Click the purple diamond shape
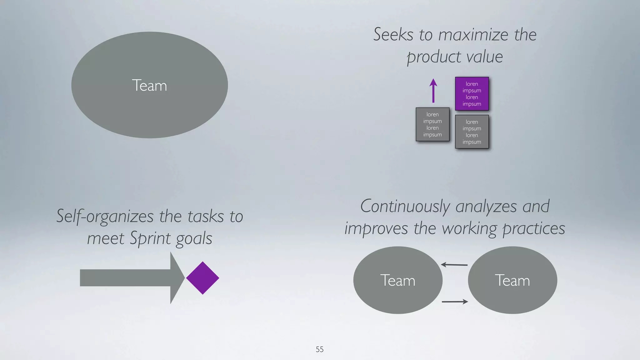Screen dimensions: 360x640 (202, 278)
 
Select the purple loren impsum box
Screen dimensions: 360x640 (472, 94)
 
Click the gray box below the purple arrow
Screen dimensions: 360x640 (432, 124)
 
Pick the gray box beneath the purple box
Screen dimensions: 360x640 (472, 132)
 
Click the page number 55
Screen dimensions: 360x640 (319, 349)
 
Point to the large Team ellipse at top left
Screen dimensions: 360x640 (149, 85)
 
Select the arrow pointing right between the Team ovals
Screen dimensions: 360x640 (455, 302)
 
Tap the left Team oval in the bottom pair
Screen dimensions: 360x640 (397, 280)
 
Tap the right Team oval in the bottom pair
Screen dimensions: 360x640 (512, 280)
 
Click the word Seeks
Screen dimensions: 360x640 (393, 34)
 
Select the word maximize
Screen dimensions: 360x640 (473, 35)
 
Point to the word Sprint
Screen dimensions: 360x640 (150, 239)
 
